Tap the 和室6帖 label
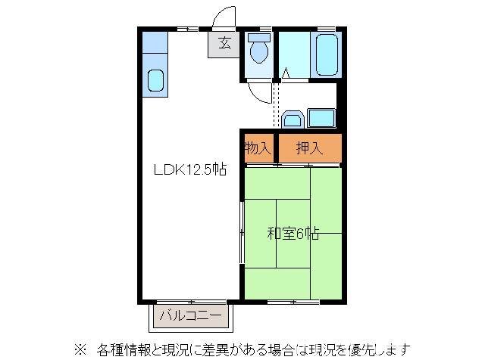293,234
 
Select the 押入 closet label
309,148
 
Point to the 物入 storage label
258,148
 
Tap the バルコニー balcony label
190,315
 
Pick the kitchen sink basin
155,79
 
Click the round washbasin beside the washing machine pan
293,119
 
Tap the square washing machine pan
321,118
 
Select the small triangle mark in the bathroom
286,73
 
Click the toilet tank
258,36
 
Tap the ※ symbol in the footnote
79,350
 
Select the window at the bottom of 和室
293,302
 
